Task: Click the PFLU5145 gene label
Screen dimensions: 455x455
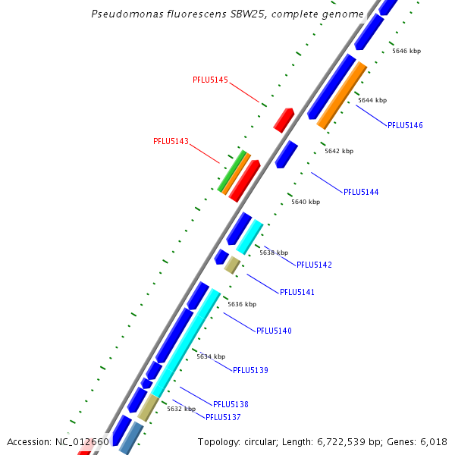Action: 210,80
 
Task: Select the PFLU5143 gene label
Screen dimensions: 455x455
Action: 171,141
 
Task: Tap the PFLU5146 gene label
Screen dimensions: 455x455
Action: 405,125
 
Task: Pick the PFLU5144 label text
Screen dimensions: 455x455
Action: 361,192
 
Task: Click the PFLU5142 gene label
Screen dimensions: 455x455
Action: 314,265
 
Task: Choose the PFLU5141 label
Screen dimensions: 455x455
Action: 297,292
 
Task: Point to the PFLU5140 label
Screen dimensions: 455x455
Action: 274,331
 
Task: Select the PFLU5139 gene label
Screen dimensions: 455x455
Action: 250,370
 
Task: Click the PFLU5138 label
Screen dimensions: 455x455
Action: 231,404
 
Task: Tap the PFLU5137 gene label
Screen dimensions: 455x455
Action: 223,417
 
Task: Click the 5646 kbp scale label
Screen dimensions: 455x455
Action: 406,51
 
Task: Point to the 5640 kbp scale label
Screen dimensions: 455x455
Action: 306,202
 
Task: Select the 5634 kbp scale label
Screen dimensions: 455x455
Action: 211,356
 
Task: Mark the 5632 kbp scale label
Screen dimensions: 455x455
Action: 181,409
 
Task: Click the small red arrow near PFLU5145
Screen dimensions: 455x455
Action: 284,120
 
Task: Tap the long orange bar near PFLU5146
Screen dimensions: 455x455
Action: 342,95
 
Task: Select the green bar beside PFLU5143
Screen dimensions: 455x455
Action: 231,171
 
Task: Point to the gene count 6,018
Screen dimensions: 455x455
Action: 434,441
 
